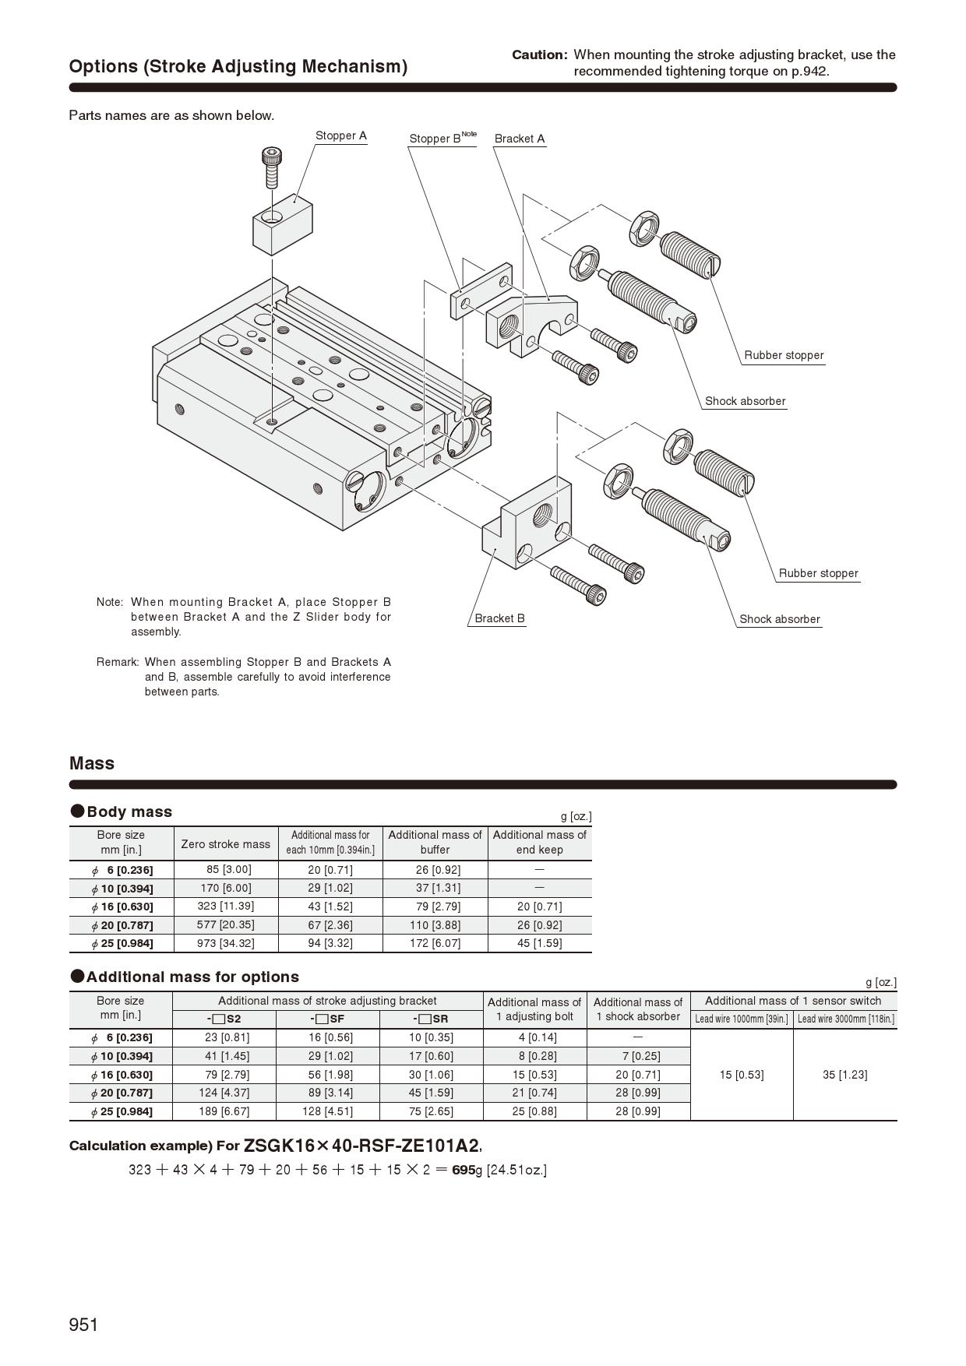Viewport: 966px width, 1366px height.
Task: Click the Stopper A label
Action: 340,136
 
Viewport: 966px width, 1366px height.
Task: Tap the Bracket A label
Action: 520,139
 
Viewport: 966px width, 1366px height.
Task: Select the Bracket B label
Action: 499,618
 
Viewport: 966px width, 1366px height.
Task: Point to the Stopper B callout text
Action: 441,139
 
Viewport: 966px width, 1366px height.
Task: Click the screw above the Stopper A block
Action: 271,166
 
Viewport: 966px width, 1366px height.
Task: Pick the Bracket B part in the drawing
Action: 527,522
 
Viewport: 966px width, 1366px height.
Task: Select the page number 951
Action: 83,1325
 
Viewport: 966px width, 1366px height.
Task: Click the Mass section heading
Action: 92,763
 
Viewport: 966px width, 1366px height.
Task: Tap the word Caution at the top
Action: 540,55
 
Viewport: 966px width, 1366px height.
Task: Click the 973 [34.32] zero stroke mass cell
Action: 225,943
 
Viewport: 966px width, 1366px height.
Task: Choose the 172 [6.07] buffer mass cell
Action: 435,943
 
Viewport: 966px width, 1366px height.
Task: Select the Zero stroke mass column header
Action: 225,843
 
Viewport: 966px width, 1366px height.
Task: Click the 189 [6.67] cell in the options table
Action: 224,1111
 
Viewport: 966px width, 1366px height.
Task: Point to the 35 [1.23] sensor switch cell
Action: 844,1075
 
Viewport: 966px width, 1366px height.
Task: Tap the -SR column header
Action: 431,1019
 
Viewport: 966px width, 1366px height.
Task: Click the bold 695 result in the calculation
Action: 463,1170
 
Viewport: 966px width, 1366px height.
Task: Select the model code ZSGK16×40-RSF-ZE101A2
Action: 361,1146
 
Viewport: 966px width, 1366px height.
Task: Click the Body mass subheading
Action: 129,812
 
